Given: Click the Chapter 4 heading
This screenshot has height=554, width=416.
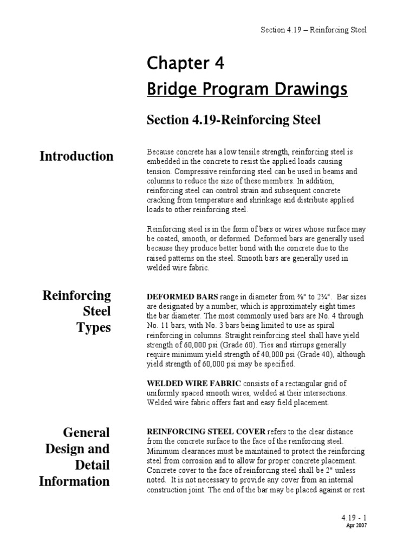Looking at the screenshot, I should point(185,64).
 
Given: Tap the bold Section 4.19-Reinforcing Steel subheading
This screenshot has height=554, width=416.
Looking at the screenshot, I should point(233,120).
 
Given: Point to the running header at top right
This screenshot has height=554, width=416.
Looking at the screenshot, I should point(313,29).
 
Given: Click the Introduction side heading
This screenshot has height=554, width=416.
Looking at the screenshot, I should point(76,156).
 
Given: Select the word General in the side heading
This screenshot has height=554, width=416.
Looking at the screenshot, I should point(86,432).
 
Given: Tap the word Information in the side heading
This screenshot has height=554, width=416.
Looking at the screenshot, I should point(74,481).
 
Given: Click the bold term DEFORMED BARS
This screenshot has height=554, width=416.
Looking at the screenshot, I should point(183,296).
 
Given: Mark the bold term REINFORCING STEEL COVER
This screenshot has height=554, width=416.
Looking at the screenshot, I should point(206,431).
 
